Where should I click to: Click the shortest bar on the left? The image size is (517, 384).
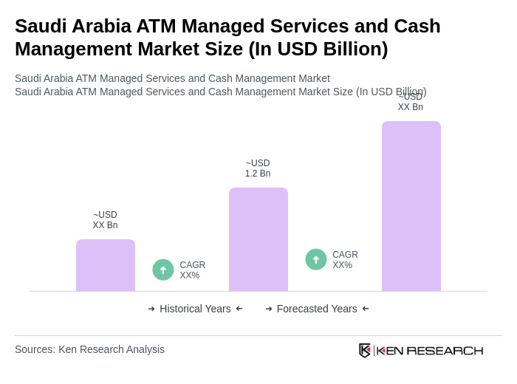[x=106, y=265]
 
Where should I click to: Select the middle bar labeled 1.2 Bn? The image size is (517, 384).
[x=258, y=239]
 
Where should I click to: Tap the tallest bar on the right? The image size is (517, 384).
[x=411, y=206]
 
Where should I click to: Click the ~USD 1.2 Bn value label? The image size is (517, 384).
[x=258, y=168]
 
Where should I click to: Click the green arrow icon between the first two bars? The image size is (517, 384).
[x=163, y=270]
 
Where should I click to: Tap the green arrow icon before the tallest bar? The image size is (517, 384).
[x=316, y=259]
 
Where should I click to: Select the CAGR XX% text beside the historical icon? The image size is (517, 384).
[x=192, y=270]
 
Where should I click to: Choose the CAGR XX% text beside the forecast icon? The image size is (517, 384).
[x=345, y=260]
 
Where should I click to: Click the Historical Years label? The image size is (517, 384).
[x=195, y=309]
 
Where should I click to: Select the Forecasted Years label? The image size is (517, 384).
[x=317, y=309]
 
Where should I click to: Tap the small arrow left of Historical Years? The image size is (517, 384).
[x=151, y=309]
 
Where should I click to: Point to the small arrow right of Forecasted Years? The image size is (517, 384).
[x=366, y=309]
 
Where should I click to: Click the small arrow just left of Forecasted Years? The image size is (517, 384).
[x=269, y=309]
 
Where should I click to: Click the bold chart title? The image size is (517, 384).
[x=227, y=37]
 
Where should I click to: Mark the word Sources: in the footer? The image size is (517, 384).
[x=35, y=349]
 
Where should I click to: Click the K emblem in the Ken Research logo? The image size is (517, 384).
[x=365, y=350]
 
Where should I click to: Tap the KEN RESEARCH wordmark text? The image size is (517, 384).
[x=430, y=351]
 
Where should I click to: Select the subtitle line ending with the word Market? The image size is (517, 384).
[x=172, y=78]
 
